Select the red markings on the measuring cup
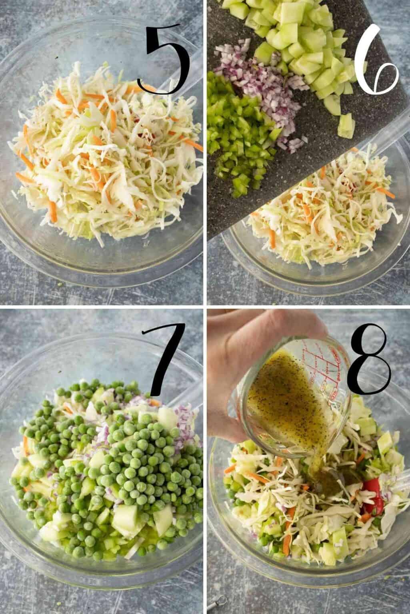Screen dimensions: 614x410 pyautogui.click(x=320, y=376)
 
